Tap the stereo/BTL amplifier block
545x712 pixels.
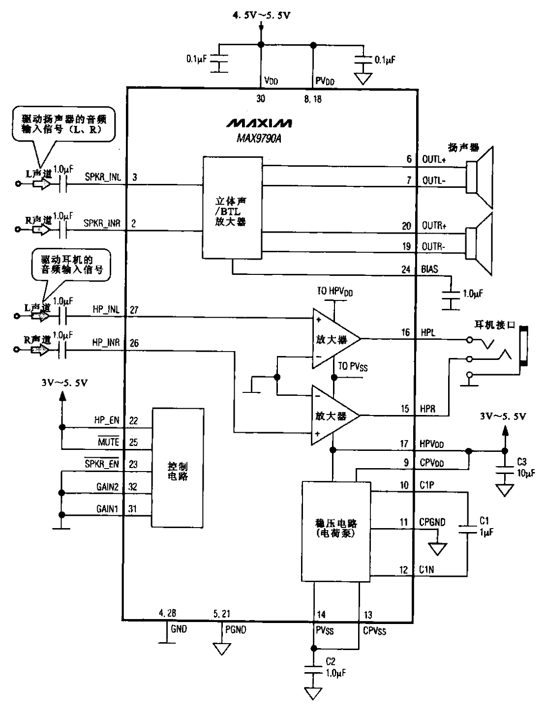(232, 208)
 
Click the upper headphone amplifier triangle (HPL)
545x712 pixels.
(332, 339)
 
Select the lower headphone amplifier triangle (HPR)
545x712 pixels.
(332, 416)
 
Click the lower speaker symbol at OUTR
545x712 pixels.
(480, 239)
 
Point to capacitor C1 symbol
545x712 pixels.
(467, 529)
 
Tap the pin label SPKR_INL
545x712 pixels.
(102, 178)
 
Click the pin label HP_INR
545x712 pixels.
(106, 343)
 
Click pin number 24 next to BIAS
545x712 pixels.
(406, 269)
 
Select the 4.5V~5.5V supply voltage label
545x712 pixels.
(262, 16)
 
